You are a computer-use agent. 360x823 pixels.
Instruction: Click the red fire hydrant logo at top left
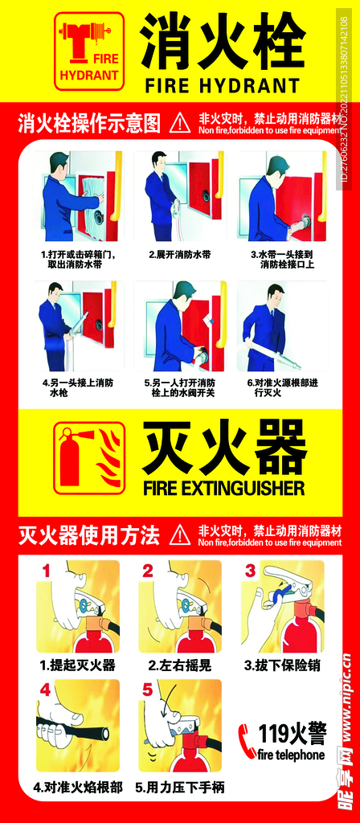90,50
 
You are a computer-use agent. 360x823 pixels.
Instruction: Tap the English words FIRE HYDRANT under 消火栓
222,85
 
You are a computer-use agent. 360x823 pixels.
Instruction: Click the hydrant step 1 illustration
81,196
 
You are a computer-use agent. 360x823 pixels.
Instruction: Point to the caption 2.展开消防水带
179,254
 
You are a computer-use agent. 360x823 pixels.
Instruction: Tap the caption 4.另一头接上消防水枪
77,388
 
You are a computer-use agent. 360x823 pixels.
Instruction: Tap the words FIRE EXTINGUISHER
223,488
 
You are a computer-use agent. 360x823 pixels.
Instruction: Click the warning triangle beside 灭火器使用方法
181,534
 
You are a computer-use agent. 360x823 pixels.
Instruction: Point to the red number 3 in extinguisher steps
250,571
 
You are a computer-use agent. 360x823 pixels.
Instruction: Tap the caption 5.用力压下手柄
179,787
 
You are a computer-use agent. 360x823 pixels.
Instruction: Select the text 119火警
292,733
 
